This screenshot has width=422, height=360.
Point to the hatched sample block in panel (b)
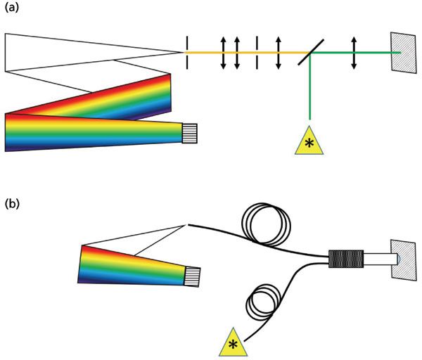(x=404, y=258)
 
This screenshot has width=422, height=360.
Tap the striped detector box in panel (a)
(x=189, y=131)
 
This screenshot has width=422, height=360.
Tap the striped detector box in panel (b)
(x=193, y=276)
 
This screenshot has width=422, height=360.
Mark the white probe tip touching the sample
(x=378, y=258)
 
